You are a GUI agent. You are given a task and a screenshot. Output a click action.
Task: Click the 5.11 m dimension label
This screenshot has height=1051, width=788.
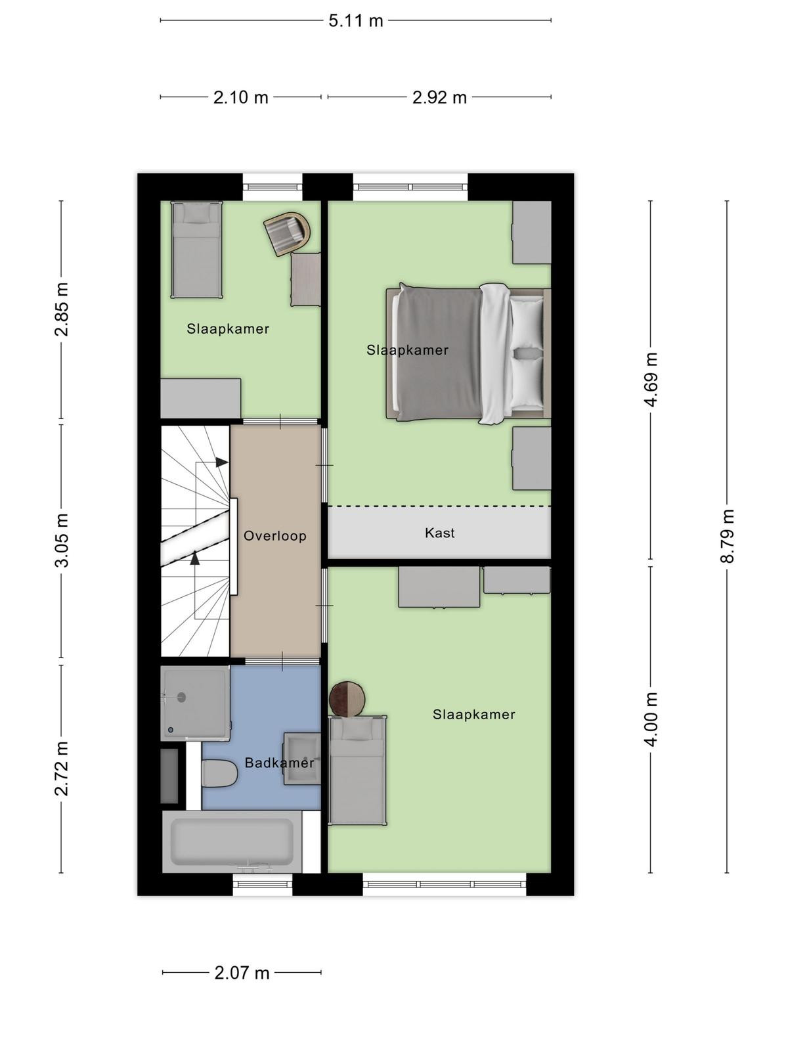[x=355, y=21]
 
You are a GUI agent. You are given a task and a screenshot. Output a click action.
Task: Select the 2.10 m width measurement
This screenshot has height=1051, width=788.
[x=240, y=98]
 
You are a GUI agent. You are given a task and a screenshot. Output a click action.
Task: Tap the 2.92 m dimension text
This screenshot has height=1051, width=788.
[x=439, y=98]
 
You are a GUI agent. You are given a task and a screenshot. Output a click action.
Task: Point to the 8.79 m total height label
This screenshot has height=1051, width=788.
[x=727, y=536]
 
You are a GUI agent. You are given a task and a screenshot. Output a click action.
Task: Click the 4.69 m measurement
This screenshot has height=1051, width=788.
[x=651, y=379]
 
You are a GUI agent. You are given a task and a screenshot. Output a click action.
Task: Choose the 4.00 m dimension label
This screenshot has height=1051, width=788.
[x=651, y=719]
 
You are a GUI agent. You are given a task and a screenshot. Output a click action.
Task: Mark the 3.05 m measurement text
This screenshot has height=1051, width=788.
[x=62, y=540]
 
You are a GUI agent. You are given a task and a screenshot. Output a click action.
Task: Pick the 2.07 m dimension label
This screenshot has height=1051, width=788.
[x=242, y=973]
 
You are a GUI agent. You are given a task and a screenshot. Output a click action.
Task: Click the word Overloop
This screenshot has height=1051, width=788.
[x=274, y=536]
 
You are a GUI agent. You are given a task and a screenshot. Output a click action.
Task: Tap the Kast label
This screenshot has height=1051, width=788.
[x=439, y=533]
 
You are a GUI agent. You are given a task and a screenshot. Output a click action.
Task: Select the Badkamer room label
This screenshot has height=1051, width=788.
[x=279, y=763]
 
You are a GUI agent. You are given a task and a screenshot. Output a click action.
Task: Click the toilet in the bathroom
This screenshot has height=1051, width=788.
[x=219, y=772]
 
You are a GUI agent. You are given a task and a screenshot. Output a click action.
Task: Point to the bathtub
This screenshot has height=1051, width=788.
[x=232, y=841]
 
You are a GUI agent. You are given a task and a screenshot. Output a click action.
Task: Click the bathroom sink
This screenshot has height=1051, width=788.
[x=302, y=759]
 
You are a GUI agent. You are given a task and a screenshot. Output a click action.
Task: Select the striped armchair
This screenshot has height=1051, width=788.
[x=287, y=233]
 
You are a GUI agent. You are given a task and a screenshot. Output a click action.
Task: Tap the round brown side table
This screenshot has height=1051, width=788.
[x=347, y=700]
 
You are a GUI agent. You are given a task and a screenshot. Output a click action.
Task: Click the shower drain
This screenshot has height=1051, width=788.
[x=181, y=697]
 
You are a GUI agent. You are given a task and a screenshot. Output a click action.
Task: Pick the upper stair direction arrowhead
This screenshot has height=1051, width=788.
[x=221, y=462]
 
